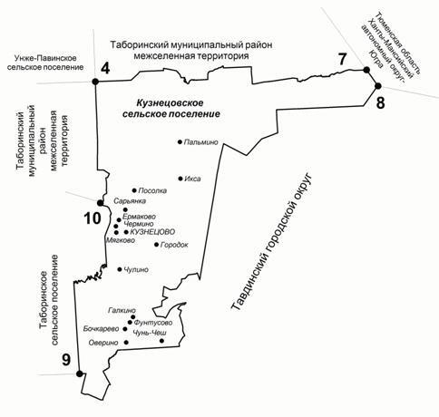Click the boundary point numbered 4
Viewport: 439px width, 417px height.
pos(95,82)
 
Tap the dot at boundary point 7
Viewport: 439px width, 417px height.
pos(366,70)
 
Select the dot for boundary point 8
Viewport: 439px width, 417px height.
pos(378,86)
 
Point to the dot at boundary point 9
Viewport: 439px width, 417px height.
pos(80,373)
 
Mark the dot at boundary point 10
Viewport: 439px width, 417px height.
pos(100,202)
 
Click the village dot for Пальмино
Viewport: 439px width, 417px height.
pos(180,141)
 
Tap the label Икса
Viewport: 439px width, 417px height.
pos(192,179)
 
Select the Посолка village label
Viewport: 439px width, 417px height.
pos(152,190)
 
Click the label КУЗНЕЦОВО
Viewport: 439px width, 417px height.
pos(152,232)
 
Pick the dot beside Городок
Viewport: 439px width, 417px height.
pos(156,244)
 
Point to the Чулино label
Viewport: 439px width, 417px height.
pos(136,269)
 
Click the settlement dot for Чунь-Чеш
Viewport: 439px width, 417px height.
pos(161,341)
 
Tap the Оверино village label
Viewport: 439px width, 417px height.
pos(103,343)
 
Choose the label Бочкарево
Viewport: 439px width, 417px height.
pos(102,329)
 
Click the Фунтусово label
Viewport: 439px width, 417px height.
pos(153,323)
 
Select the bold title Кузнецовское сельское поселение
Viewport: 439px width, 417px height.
pos(171,109)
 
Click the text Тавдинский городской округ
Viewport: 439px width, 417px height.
pos(271,242)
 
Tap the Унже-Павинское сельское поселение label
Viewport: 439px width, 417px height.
pos(45,63)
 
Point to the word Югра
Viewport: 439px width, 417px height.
pos(375,59)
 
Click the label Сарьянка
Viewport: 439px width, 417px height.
pos(130,201)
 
